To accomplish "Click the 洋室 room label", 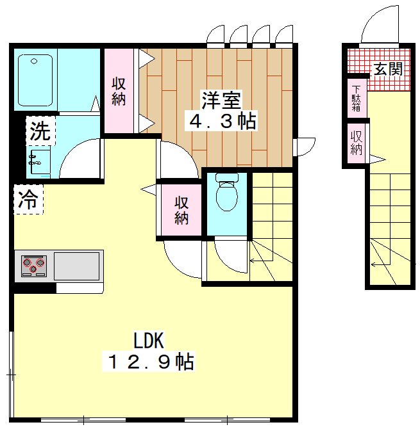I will pos(222,101).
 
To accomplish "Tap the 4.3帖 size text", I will pos(222,122).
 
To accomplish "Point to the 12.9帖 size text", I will pos(148,362).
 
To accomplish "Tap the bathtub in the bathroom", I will pos(35,80).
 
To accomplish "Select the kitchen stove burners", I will pos(33,264).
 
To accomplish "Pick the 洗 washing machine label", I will pos(40,132).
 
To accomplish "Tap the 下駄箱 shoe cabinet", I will pos(356,99).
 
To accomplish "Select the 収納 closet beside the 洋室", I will pos(119,91).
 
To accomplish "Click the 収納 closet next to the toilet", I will pos(181,211).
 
